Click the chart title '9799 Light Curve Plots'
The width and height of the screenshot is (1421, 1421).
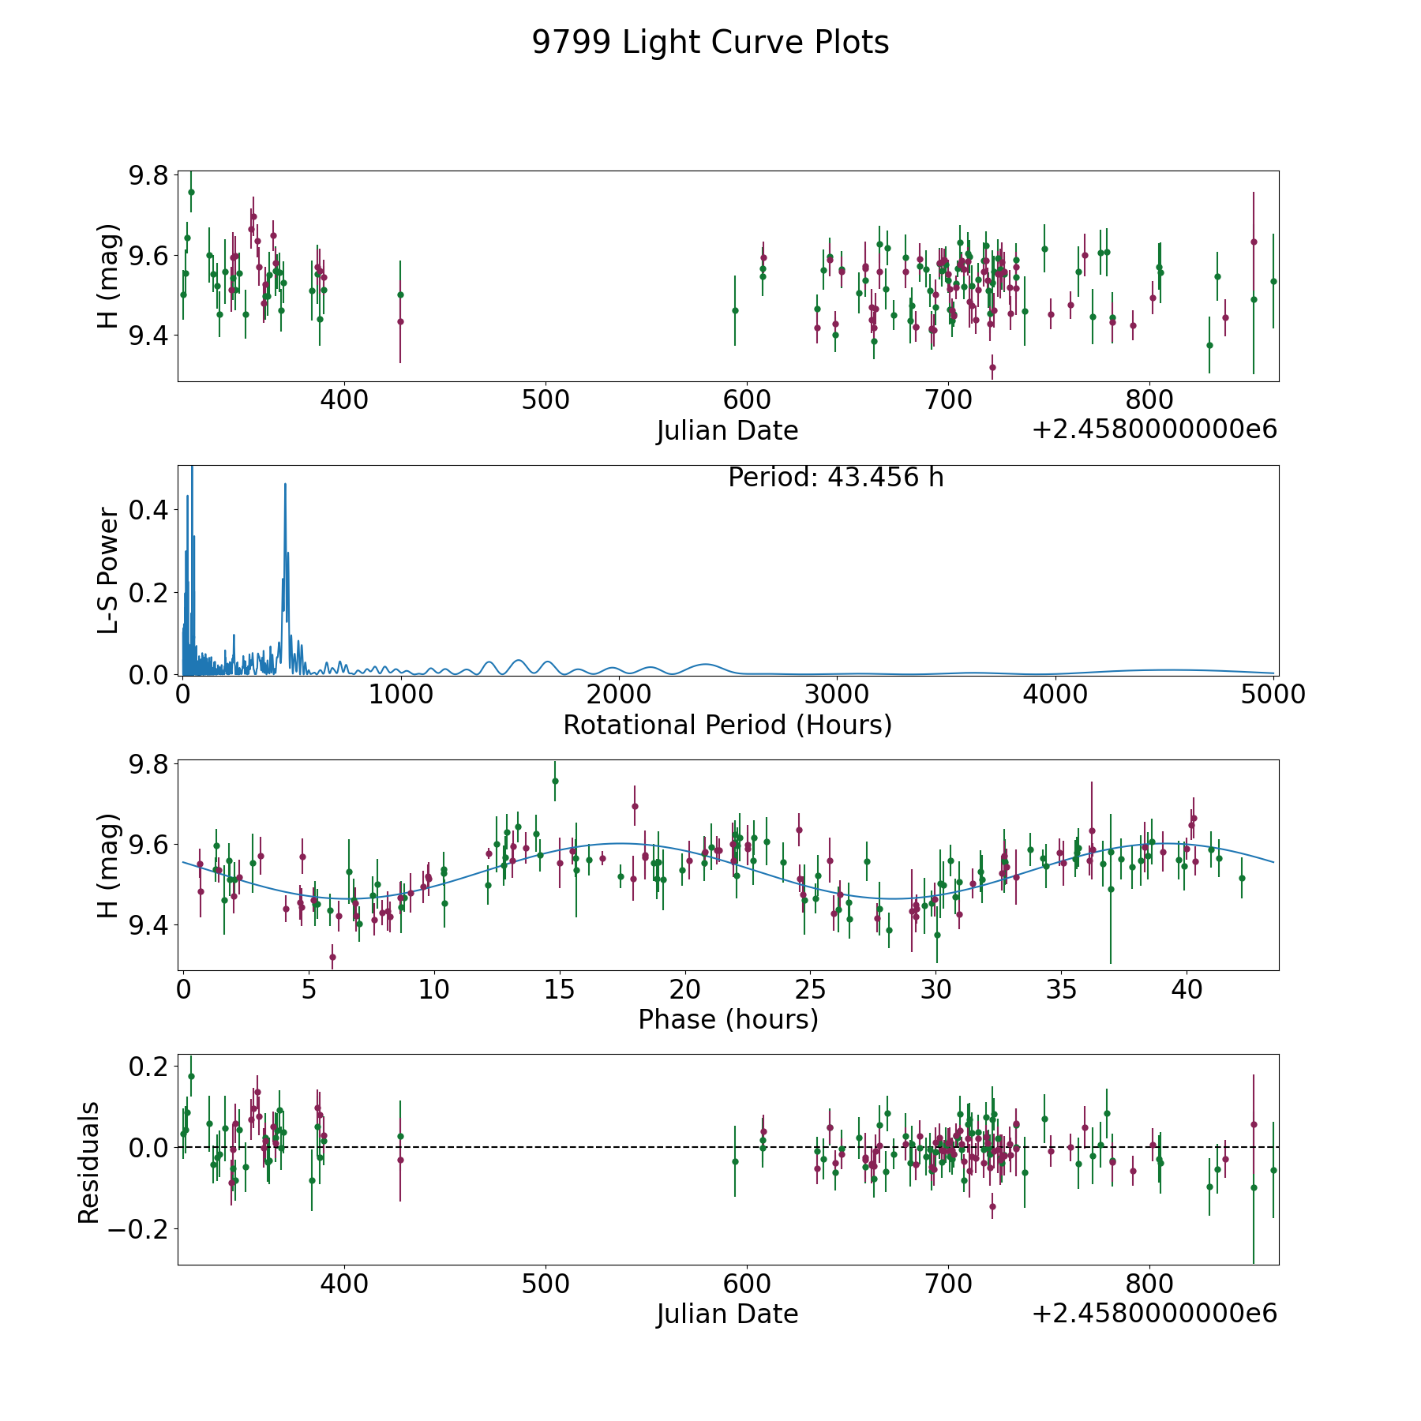(710, 43)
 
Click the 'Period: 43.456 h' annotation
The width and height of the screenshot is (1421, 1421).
(835, 478)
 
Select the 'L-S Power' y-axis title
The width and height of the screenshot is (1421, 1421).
(109, 570)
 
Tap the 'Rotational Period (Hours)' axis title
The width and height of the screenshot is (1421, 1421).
(727, 725)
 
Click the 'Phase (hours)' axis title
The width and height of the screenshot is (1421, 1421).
(727, 1019)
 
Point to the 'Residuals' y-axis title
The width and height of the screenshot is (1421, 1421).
(88, 1162)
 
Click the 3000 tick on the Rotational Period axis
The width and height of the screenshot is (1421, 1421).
(836, 695)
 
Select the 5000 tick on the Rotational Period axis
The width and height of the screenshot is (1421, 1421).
(1271, 695)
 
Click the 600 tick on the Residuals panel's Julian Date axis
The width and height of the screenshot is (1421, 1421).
(747, 1284)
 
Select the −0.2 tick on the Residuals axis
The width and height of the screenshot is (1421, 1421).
(144, 1229)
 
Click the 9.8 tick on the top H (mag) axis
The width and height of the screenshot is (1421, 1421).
(148, 174)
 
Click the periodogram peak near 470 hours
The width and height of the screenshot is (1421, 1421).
(285, 484)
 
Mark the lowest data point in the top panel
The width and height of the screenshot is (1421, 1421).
(992, 367)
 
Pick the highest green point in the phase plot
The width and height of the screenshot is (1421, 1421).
(555, 781)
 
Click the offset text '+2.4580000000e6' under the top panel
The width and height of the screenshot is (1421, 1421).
(1154, 429)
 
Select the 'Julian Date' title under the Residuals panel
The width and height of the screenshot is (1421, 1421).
(727, 1314)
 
